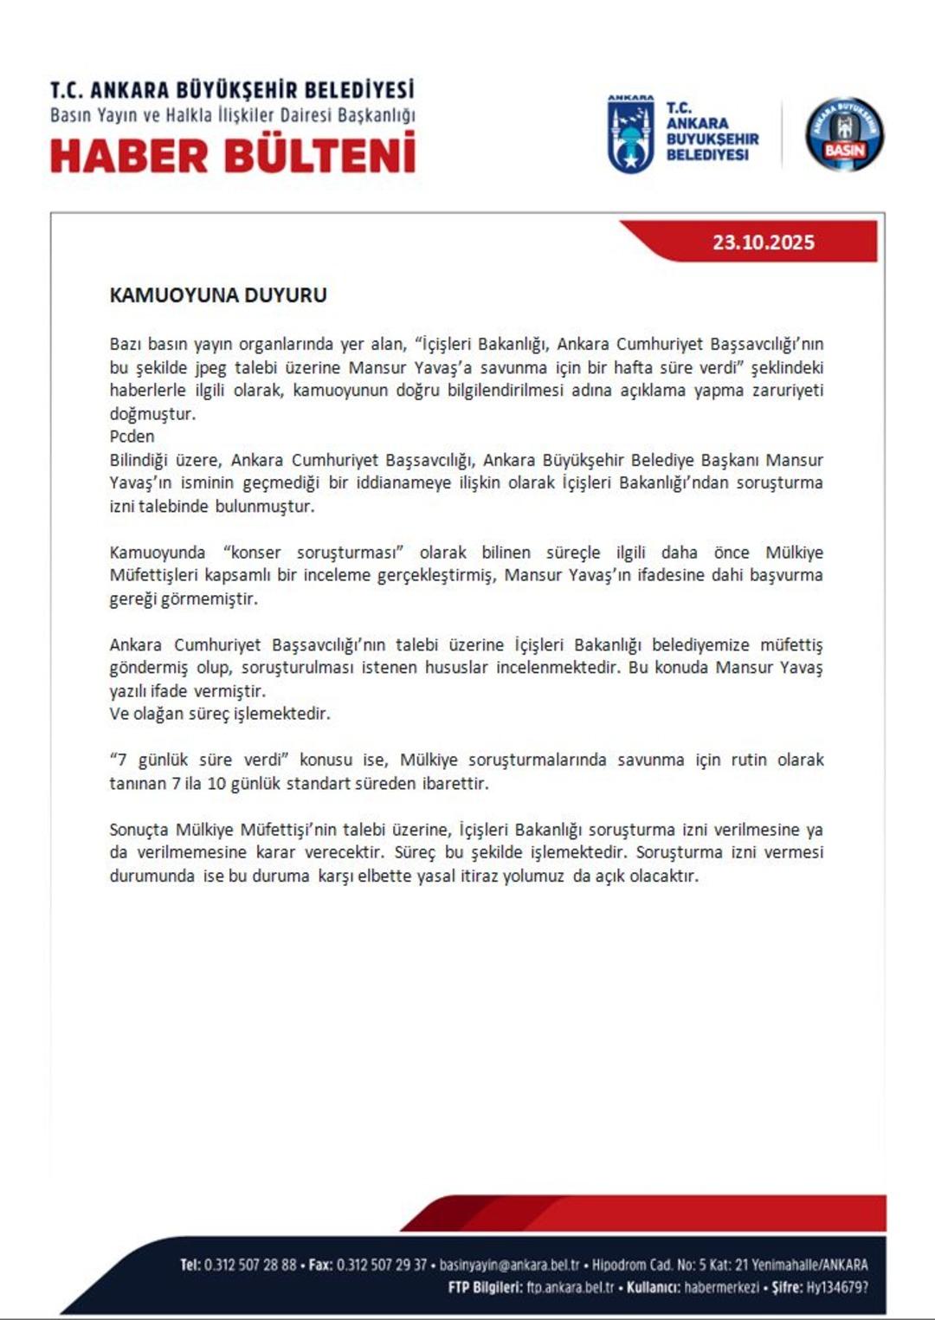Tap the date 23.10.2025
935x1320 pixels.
click(x=763, y=243)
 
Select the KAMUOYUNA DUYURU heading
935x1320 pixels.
click(x=218, y=295)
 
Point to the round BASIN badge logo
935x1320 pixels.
click(x=844, y=134)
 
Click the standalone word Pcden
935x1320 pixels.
click(x=132, y=437)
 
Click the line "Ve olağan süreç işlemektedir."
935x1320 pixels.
click(x=220, y=715)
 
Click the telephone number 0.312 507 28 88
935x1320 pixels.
click(x=250, y=1265)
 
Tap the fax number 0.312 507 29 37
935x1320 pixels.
click(x=381, y=1265)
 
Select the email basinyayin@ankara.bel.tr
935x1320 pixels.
click(x=509, y=1265)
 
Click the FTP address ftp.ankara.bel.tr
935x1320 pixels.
click(x=571, y=1288)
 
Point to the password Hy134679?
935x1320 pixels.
click(x=836, y=1288)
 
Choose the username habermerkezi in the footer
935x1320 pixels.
click(x=721, y=1288)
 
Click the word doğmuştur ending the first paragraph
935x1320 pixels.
click(x=152, y=414)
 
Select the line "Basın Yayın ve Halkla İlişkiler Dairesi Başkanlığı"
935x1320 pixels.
click(x=233, y=115)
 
